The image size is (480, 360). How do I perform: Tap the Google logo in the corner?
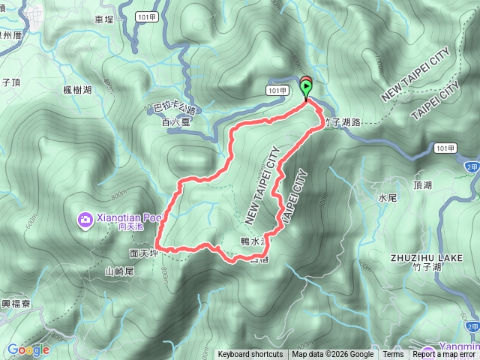pos(28,349)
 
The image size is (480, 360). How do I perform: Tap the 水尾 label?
pos(387,199)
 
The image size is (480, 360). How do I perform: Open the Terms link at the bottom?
pos(393,355)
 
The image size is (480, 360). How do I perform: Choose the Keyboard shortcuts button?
pos(250,355)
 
